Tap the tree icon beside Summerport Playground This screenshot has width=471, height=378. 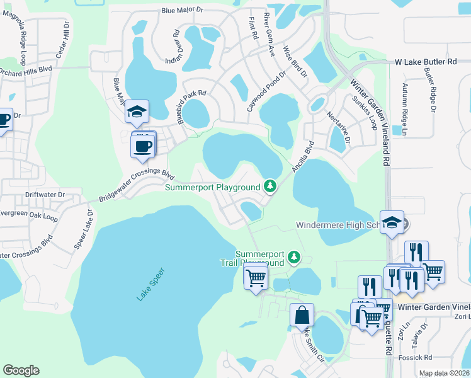click(270, 186)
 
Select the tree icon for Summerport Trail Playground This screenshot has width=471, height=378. click(293, 256)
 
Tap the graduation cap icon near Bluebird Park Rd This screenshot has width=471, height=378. click(137, 112)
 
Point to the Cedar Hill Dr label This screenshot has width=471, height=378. click(62, 40)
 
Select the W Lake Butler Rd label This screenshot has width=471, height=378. click(425, 62)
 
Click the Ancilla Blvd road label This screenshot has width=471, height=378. click(303, 158)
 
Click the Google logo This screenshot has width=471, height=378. click(21, 370)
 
